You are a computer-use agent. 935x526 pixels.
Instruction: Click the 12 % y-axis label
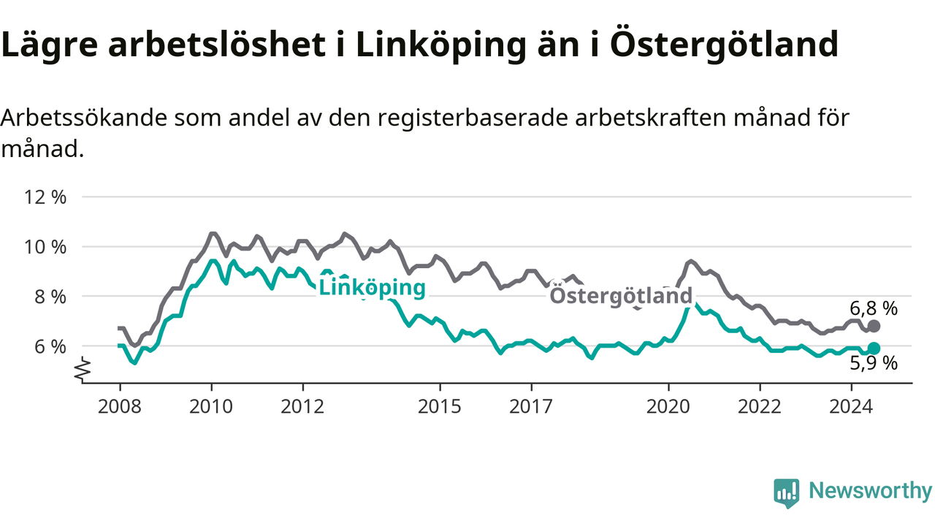45,197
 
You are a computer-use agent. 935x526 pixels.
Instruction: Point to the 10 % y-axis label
45,247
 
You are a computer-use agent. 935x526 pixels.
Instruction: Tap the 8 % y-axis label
50,297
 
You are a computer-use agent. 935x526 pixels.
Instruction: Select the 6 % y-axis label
50,346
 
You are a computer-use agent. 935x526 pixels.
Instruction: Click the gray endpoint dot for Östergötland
874,326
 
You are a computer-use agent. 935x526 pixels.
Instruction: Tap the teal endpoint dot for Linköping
874,348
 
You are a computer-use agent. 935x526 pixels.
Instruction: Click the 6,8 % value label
874,309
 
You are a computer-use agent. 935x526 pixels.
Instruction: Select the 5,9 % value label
874,363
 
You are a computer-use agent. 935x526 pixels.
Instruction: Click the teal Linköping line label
372,288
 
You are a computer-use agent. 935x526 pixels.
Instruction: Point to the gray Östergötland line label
621,296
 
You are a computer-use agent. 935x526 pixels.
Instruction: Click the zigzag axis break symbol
83,370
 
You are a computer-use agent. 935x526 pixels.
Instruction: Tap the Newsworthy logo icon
787,493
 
